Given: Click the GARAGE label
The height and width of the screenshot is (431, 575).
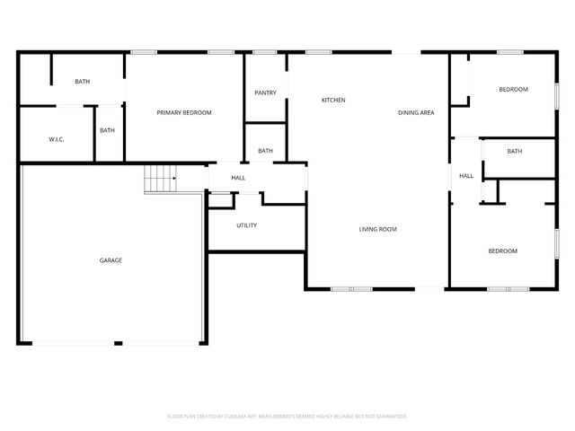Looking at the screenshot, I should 111,260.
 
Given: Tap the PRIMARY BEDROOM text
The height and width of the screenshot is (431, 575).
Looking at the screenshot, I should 184,112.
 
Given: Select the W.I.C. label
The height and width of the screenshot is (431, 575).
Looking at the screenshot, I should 56,139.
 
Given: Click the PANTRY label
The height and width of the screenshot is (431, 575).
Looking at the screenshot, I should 265,92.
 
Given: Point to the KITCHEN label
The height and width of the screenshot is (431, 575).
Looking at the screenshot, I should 333,100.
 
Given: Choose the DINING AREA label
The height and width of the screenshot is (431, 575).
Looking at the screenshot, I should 416,112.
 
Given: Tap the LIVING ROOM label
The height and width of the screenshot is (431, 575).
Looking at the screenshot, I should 377,229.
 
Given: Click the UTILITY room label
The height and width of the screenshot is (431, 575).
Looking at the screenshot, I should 246,225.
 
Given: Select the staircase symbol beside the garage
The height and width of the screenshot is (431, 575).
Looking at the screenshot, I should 160,179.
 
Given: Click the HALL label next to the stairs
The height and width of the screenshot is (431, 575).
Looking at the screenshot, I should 238,178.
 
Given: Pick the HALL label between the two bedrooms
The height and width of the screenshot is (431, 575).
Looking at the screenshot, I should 466,176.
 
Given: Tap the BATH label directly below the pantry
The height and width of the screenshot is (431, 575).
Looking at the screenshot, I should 265,151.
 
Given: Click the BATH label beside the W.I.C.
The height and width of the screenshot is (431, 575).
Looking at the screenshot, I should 107,130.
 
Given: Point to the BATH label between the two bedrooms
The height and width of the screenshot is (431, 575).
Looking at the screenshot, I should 514,151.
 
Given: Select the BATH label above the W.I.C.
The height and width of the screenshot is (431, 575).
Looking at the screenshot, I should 82,82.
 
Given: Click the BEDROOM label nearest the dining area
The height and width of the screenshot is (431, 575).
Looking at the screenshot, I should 513,89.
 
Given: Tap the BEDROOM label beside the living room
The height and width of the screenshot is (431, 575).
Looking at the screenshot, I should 502,251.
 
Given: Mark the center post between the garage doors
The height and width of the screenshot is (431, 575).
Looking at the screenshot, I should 118,342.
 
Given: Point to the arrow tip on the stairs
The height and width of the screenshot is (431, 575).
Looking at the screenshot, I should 174,179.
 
